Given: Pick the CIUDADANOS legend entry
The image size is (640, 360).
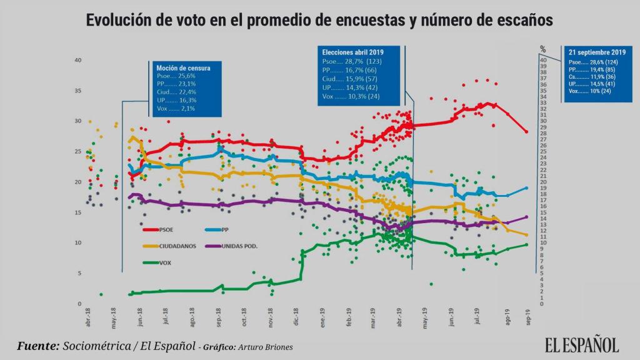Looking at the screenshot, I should (x=177, y=246).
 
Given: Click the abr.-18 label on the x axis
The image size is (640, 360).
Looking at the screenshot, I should (x=88, y=319).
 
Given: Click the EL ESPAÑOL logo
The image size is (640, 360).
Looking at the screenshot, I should (x=581, y=344).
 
